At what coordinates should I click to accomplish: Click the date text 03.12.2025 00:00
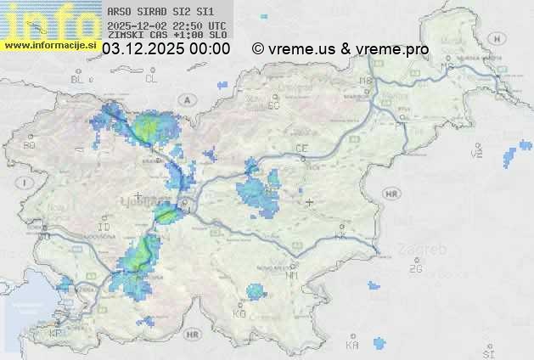(x=166, y=49)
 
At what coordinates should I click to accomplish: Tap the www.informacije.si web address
(x=49, y=45)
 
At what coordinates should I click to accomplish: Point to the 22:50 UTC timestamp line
(x=166, y=25)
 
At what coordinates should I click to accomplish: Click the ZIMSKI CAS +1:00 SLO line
(x=166, y=36)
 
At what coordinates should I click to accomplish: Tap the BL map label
(x=79, y=79)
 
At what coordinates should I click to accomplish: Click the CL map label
(x=151, y=79)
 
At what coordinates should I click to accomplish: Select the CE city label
(x=301, y=149)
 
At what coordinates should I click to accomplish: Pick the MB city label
(x=367, y=81)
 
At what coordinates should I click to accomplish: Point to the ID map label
(x=104, y=228)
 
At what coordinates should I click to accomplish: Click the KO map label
(x=239, y=313)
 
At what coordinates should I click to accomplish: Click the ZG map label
(x=415, y=269)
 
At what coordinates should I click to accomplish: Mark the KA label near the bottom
(x=352, y=345)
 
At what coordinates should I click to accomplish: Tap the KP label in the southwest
(x=56, y=334)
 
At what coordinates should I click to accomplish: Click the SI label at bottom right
(x=488, y=352)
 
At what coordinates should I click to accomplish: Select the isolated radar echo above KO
(x=256, y=292)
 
